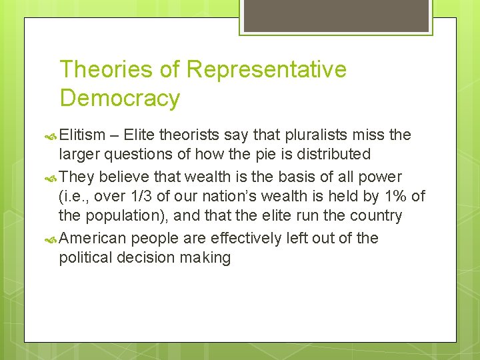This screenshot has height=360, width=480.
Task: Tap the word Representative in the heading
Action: [x=267, y=69]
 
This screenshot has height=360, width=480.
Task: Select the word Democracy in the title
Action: [x=120, y=98]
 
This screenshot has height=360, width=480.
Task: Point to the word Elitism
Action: [x=83, y=135]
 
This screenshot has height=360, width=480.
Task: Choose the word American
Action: [x=93, y=238]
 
